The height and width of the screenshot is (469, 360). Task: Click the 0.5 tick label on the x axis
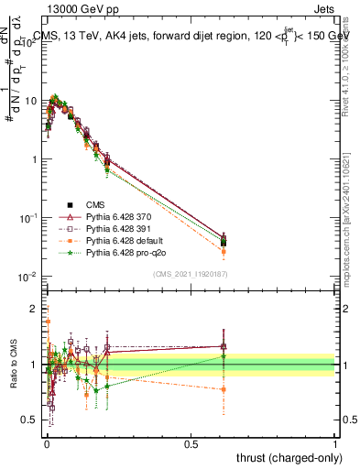point(191,442)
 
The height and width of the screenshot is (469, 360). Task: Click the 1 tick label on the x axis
point(335,442)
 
